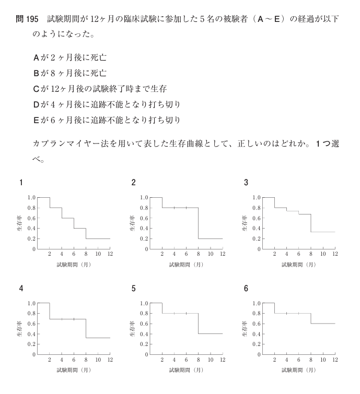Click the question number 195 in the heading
(x=31, y=19)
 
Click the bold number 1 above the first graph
(x=21, y=183)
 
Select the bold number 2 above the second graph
(x=134, y=183)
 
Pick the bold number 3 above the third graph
(x=246, y=183)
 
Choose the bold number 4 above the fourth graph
(x=21, y=288)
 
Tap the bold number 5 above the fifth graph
(x=134, y=288)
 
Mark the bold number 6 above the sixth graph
(x=246, y=288)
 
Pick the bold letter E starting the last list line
(x=36, y=120)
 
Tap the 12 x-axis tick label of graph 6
(x=334, y=360)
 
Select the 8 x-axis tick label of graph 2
(x=198, y=254)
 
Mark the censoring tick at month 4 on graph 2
(x=174, y=208)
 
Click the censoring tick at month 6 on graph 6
(x=298, y=313)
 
